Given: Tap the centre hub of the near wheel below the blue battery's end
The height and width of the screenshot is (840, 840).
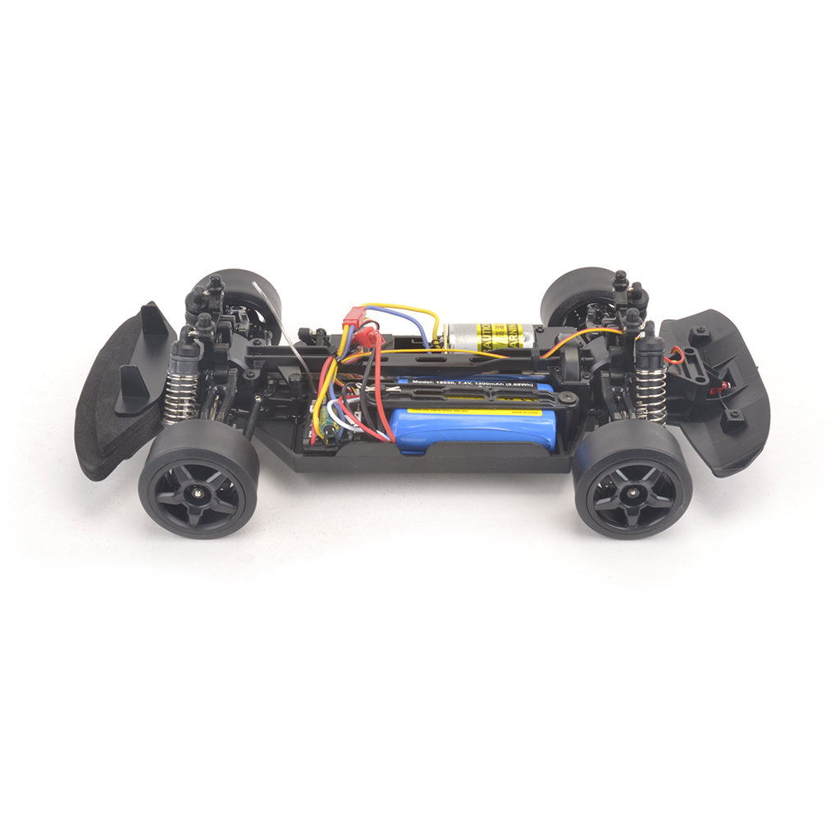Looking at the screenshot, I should [632, 491].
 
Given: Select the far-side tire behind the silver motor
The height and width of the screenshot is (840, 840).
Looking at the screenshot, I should [574, 295].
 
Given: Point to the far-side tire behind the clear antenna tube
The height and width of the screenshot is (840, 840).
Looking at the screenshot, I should [246, 291].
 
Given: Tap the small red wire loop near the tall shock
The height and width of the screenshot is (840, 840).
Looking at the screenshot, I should [674, 354].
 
